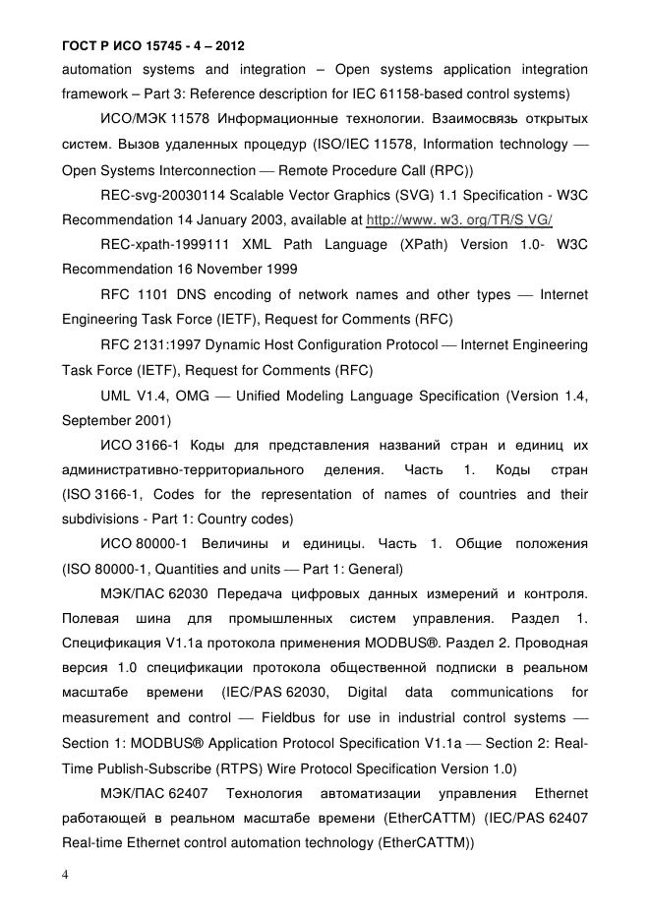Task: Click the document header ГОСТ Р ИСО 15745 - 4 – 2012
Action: [152, 46]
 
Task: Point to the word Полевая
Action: [90, 618]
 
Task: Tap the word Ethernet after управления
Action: [561, 793]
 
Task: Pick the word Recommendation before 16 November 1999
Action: [123, 269]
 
